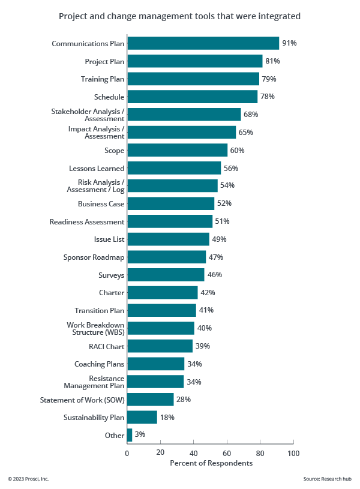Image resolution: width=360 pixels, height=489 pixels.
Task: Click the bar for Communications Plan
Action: (x=203, y=43)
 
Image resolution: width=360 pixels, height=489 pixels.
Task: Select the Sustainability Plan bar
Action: (x=142, y=417)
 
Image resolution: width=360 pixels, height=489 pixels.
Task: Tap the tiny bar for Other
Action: (x=130, y=435)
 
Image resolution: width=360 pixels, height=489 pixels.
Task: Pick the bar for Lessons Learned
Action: (x=174, y=168)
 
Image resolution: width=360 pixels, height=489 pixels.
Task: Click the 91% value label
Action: (x=289, y=43)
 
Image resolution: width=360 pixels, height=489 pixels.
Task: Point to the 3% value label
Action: (x=140, y=435)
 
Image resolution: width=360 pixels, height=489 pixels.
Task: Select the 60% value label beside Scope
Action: (x=237, y=150)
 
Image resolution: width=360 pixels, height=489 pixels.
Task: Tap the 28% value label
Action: (x=183, y=400)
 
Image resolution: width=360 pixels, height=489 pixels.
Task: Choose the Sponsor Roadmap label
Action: (x=94, y=257)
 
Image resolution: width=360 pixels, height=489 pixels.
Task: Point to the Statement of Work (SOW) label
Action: (x=82, y=400)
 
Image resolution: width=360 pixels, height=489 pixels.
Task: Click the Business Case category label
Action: (x=101, y=204)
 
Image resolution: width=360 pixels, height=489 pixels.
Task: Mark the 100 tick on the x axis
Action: (x=293, y=454)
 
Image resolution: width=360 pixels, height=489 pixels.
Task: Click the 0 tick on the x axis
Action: (x=127, y=454)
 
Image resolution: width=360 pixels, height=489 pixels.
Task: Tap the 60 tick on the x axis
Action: (x=227, y=454)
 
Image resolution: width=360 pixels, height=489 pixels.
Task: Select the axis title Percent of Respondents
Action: (x=211, y=463)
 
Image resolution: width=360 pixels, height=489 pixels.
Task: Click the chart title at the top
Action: (x=180, y=16)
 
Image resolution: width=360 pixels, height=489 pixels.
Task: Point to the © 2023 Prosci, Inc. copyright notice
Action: (x=28, y=479)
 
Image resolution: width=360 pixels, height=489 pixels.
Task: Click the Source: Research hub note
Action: (x=328, y=479)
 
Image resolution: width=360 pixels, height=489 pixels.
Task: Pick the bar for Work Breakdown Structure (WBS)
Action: (x=161, y=328)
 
